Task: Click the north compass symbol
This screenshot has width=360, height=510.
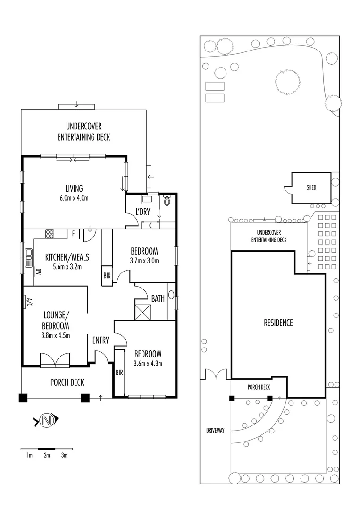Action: click(46, 420)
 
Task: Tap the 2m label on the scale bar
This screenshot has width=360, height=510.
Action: click(47, 456)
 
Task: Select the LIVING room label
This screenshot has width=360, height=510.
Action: click(74, 189)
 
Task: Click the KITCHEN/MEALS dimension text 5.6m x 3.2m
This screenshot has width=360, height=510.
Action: click(67, 266)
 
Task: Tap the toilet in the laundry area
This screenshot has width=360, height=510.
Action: click(166, 201)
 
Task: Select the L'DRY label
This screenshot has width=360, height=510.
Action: click(143, 212)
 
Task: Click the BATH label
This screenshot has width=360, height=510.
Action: click(158, 298)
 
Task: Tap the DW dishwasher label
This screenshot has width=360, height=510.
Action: click(37, 272)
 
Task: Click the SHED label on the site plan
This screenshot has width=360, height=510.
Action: click(311, 188)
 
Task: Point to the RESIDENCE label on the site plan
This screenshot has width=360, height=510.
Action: click(278, 323)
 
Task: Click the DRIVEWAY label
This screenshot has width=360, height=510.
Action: click(215, 430)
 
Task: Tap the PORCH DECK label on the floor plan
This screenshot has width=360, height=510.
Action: click(67, 382)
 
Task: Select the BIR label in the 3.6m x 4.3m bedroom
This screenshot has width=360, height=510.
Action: click(119, 373)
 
